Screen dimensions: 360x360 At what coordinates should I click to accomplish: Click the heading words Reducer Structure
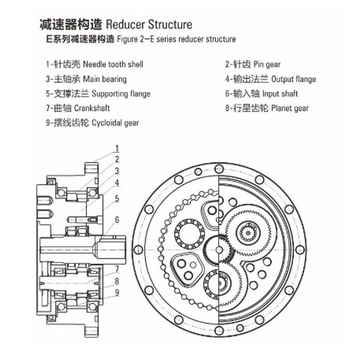(148, 24)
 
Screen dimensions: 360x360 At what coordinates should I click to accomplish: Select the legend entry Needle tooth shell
(113, 64)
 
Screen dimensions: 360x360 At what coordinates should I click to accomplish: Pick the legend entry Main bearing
(105, 79)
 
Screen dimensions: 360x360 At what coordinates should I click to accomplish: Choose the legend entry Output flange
(293, 79)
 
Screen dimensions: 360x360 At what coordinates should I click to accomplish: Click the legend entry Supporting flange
(120, 94)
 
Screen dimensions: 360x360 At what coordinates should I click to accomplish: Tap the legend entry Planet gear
(290, 108)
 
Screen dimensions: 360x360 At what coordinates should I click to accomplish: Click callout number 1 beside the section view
(117, 148)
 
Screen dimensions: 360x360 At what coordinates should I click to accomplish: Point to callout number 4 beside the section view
(117, 183)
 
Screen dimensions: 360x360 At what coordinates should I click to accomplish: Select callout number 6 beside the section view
(117, 220)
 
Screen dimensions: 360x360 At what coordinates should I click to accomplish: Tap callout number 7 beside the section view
(117, 269)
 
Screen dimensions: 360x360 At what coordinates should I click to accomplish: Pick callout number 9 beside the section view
(117, 291)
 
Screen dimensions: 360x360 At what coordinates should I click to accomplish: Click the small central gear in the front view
(219, 249)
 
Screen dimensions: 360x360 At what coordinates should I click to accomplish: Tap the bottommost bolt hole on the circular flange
(219, 330)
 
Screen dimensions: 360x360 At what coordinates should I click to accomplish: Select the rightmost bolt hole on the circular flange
(300, 250)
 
